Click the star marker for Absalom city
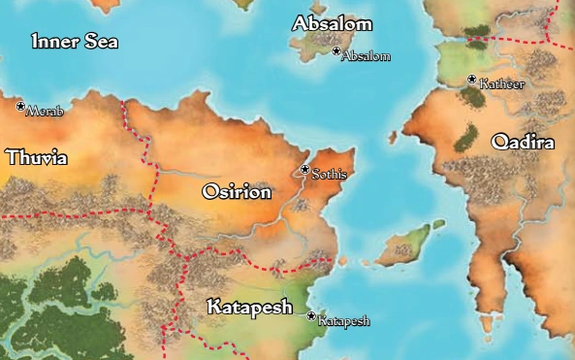coord(336,50)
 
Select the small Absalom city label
coord(367,57)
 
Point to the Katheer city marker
coord(472,80)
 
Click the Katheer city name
coord(502,85)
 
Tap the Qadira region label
coord(523,143)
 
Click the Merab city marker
coord(20,106)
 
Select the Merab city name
coord(45,113)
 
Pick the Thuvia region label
coord(37,156)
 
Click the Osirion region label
coord(236,192)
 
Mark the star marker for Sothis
coord(304,170)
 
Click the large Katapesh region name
coord(250,308)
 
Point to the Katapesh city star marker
coord(311,315)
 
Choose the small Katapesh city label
coord(344,321)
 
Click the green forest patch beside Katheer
coord(472,95)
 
